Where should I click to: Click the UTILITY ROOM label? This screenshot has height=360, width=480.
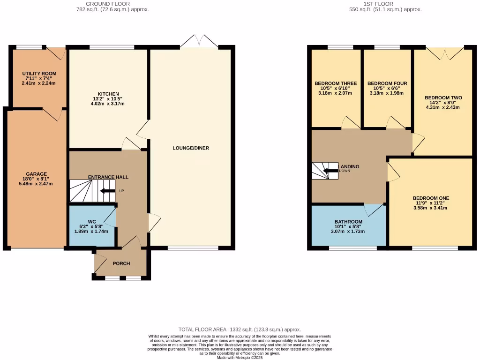(x=39, y=74)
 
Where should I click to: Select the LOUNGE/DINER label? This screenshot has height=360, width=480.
(x=191, y=148)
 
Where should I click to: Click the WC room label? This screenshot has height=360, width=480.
(x=92, y=221)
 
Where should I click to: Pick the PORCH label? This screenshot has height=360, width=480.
(x=121, y=263)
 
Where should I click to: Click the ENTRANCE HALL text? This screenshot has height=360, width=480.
(x=108, y=177)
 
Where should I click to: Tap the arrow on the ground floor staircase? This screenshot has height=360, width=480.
(x=101, y=191)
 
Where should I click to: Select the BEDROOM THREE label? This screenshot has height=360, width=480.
(x=336, y=83)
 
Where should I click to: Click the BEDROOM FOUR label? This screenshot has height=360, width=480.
(x=387, y=83)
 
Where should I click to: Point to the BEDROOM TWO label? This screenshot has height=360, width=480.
(x=443, y=98)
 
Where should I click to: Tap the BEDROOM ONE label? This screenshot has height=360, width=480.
(x=431, y=198)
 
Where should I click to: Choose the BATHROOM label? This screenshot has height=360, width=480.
(x=348, y=222)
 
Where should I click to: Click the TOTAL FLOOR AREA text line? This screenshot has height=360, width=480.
(x=240, y=330)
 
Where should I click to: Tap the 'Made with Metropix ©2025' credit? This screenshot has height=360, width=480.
(x=240, y=358)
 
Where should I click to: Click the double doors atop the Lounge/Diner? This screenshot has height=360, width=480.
(x=199, y=42)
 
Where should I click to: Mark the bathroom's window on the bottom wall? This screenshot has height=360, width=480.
(x=352, y=247)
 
